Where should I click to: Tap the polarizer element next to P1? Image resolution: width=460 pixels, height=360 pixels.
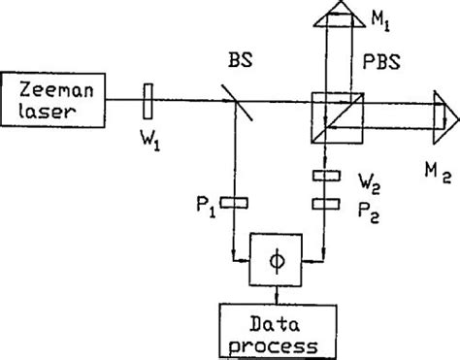(235, 203)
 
